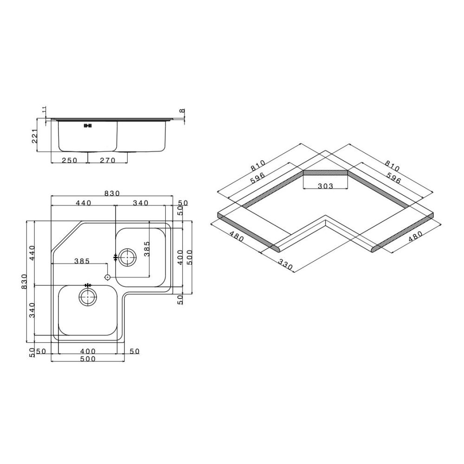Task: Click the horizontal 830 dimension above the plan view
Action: [111, 193]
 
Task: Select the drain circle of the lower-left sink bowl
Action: [87, 296]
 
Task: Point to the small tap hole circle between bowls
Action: [108, 277]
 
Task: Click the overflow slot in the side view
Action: [88, 125]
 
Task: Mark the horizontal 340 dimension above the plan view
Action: [140, 203]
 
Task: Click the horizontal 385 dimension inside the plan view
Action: [82, 261]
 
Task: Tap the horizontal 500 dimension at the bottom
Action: [87, 359]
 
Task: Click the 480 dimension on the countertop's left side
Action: [236, 237]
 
